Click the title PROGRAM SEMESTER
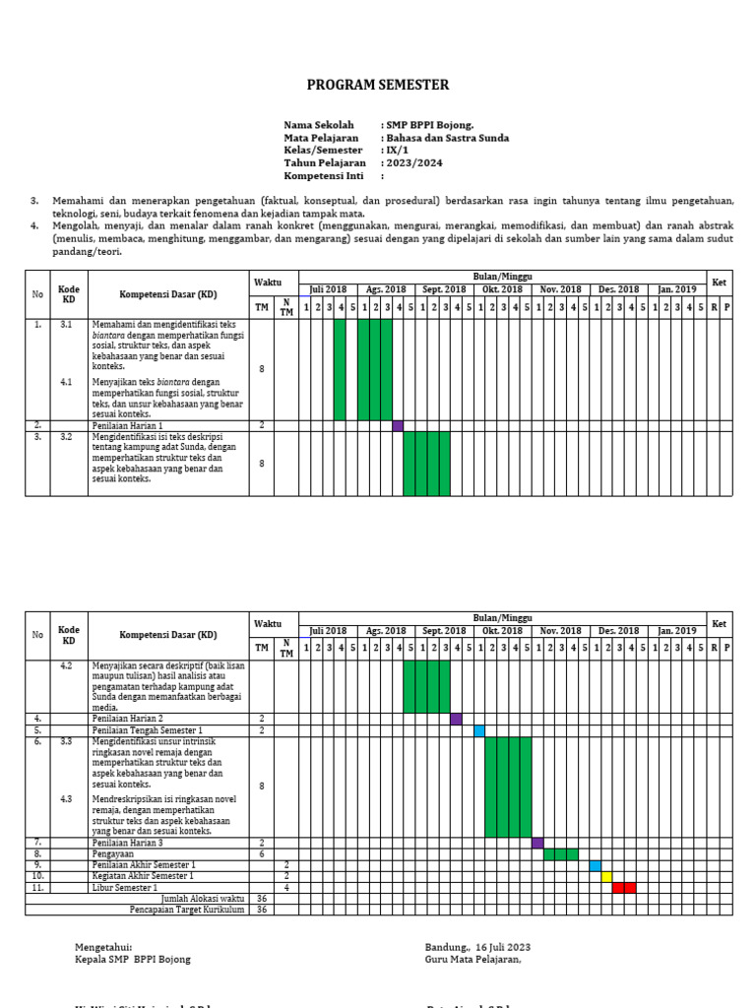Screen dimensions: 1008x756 pos(378,86)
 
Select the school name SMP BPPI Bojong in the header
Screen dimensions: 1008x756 pos(429,125)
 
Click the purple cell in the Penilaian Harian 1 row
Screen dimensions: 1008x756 pos(398,425)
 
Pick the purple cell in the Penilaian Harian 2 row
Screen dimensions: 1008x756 pos(456,719)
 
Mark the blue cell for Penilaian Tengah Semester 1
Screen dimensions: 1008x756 pos(479,730)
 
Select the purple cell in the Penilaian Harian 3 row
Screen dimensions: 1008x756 pos(537,843)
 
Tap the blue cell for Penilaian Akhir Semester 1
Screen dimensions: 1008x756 pos(596,865)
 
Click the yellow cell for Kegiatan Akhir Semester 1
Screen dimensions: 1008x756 pos(606,876)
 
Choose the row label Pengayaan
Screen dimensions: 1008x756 pos(114,854)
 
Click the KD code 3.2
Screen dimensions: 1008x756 pos(67,437)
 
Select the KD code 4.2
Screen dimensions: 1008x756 pos(67,666)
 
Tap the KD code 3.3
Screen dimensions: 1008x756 pos(67,740)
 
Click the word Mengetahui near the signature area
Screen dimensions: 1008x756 pos(103,947)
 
